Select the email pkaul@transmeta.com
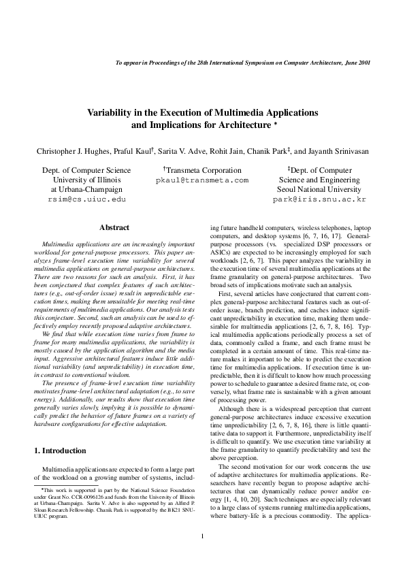[x=202, y=181]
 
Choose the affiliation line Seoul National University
[x=319, y=191]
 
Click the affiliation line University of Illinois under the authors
[x=77, y=180]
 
